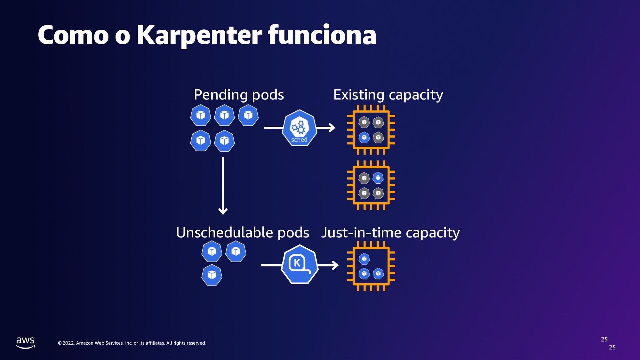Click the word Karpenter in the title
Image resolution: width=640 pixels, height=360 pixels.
(199, 35)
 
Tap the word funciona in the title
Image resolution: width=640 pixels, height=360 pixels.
(322, 35)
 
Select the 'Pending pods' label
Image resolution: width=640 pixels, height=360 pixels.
(239, 95)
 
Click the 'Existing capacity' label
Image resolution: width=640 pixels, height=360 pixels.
(388, 95)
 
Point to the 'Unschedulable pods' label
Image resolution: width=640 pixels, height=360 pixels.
(242, 232)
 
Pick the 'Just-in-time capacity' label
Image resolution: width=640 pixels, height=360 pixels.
(390, 232)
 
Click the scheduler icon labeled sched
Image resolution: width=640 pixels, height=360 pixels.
(299, 128)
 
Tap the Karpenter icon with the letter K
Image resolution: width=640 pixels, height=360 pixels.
(299, 264)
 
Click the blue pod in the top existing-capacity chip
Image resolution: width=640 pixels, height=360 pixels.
(364, 137)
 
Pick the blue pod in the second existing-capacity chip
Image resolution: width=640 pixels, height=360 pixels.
(378, 178)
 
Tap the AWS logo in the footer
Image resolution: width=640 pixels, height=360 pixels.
(26, 342)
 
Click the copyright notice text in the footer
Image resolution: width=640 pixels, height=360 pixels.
(132, 343)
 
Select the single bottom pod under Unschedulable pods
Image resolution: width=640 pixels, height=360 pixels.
(212, 275)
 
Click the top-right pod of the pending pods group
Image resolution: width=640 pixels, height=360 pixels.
(248, 115)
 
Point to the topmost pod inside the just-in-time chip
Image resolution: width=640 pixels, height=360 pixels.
(364, 259)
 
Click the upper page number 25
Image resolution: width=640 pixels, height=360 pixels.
(604, 339)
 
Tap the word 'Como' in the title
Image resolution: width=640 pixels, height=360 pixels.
(73, 35)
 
